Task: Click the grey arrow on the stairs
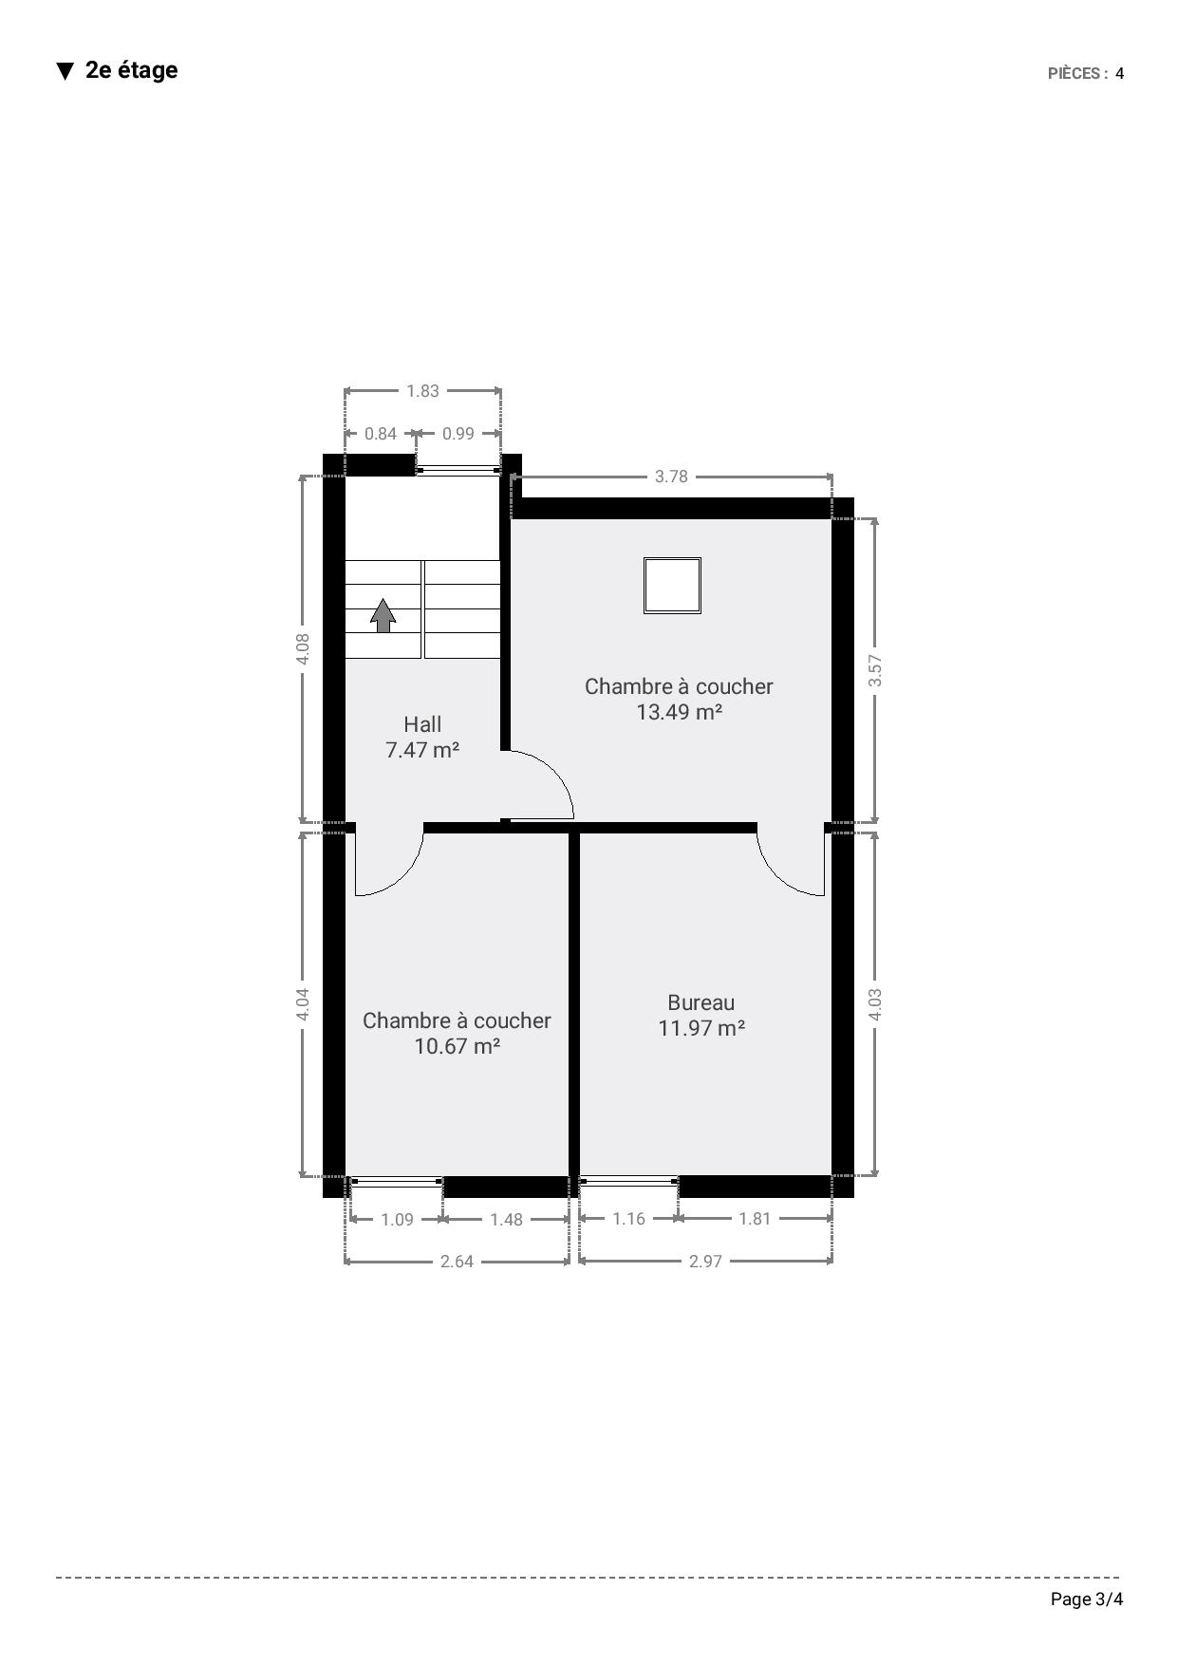(383, 615)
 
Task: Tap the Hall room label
(422, 724)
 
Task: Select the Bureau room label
(701, 1002)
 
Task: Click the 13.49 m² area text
(679, 712)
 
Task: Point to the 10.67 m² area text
(457, 1046)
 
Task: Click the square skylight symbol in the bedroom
(672, 586)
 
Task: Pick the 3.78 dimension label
(671, 477)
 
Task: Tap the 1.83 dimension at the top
(422, 391)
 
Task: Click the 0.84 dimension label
(381, 434)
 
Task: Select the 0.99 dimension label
(458, 434)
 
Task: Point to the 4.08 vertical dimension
(304, 648)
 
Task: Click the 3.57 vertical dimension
(875, 670)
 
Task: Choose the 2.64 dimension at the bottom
(457, 1262)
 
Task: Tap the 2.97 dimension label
(705, 1262)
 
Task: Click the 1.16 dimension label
(628, 1219)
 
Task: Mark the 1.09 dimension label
(397, 1220)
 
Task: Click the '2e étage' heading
(131, 70)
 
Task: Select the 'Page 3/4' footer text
(1087, 1600)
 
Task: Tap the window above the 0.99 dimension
(458, 469)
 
